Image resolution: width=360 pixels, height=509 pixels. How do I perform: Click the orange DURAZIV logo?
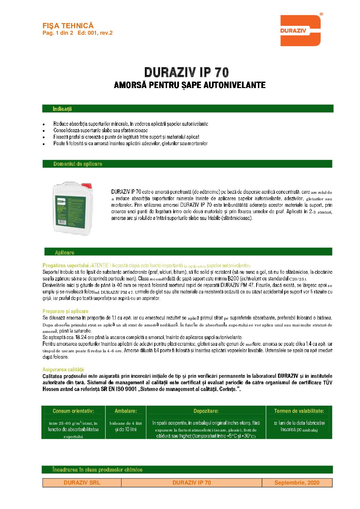pyautogui.click(x=300, y=31)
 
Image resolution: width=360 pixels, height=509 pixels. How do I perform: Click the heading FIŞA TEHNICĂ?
pyautogui.click(x=68, y=26)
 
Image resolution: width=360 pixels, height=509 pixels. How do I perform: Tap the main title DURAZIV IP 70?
pyautogui.click(x=186, y=72)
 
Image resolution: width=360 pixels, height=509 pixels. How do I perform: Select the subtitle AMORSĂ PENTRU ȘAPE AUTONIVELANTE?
pyautogui.click(x=190, y=85)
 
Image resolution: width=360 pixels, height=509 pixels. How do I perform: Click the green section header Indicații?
pyautogui.click(x=62, y=109)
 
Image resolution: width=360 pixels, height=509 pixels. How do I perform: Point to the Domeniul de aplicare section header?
pyautogui.click(x=78, y=164)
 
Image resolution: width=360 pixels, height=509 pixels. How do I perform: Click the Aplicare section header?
pyautogui.click(x=64, y=252)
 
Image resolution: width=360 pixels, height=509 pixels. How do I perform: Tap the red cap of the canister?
pyautogui.click(x=86, y=186)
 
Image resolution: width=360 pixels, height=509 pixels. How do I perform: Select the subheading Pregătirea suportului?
pyautogui.click(x=65, y=265)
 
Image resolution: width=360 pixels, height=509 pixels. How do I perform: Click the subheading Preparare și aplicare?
pyautogui.click(x=65, y=311)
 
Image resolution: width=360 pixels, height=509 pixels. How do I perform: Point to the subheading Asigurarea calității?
pyautogui.click(x=63, y=369)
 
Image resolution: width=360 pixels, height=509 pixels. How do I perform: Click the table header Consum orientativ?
pyautogui.click(x=73, y=411)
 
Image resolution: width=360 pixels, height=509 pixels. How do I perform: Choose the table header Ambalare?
pyautogui.click(x=126, y=411)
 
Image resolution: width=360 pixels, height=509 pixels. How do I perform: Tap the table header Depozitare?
pyautogui.click(x=206, y=411)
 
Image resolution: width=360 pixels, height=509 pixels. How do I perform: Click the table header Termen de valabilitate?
pyautogui.click(x=299, y=411)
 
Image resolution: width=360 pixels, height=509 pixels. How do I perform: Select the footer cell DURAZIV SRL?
pyautogui.click(x=82, y=482)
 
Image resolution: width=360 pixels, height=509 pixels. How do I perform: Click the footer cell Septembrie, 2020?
pyautogui.click(x=297, y=482)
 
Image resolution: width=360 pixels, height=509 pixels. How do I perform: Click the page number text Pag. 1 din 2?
pyautogui.click(x=58, y=33)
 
